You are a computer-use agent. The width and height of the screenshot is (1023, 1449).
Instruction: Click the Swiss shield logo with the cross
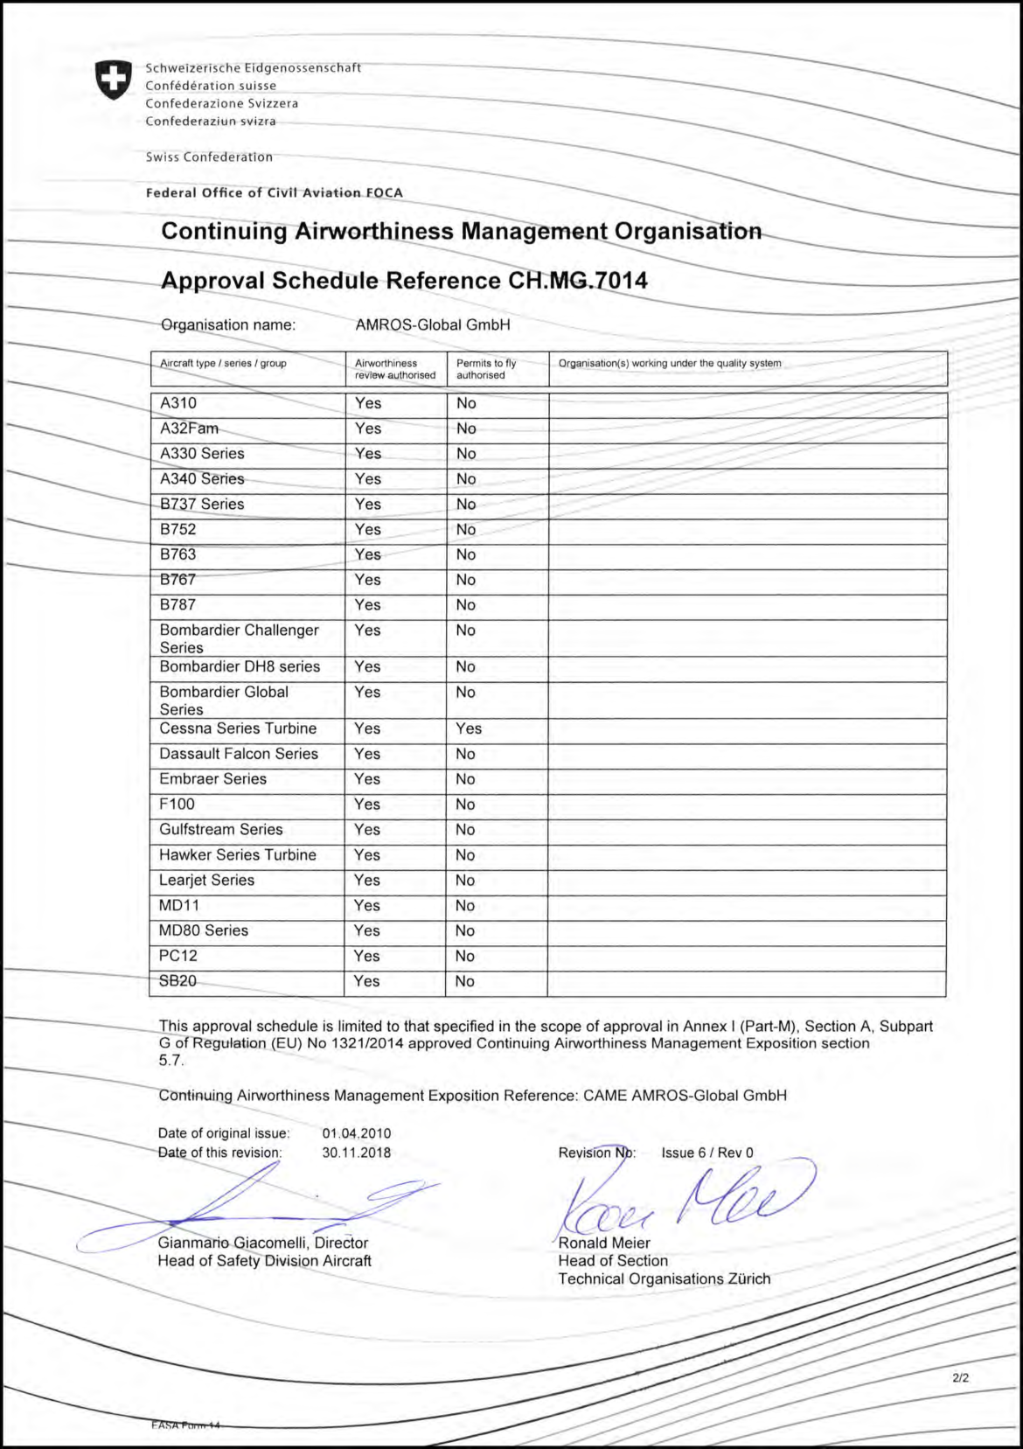(114, 80)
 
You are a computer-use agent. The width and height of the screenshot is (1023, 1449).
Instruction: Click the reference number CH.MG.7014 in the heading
(578, 281)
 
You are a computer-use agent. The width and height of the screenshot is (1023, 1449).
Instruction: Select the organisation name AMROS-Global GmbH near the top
(433, 324)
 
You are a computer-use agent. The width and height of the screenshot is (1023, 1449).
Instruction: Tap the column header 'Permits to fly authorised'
(486, 369)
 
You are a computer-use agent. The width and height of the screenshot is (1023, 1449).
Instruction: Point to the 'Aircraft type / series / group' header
(223, 363)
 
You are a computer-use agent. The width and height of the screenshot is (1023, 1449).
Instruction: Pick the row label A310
(178, 403)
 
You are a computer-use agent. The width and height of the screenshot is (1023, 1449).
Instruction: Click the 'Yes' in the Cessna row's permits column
(469, 728)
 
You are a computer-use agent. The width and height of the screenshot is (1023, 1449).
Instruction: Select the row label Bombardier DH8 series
(240, 666)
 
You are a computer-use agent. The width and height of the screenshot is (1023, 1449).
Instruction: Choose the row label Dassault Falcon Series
(239, 754)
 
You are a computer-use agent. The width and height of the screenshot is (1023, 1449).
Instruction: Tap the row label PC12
(178, 956)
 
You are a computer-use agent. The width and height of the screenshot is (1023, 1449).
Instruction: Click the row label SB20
(177, 981)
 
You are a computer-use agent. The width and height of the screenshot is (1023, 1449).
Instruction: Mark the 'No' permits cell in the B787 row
(466, 605)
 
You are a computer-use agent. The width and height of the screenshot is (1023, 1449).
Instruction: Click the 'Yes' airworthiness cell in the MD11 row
(367, 906)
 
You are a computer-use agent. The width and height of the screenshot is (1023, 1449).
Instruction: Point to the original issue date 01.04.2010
(357, 1133)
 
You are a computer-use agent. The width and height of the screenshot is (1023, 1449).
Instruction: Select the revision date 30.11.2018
(357, 1153)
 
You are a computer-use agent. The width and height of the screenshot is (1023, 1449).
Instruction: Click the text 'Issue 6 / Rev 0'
(707, 1153)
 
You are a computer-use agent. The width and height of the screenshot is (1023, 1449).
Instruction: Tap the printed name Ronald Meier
(604, 1243)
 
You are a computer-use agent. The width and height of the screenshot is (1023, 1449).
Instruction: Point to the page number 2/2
(960, 1377)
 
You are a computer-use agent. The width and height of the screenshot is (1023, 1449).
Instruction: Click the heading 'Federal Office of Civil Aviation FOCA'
(275, 192)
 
